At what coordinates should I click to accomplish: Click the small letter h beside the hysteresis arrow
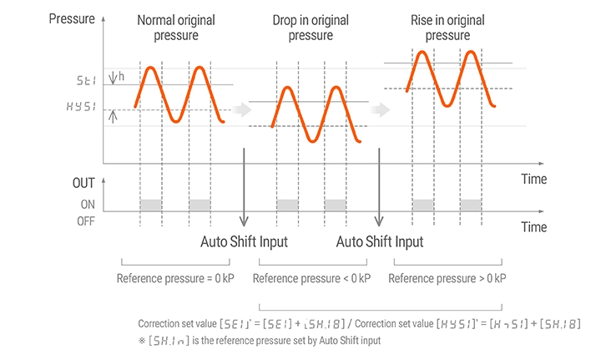click(122, 76)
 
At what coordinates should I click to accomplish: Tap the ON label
click(86, 204)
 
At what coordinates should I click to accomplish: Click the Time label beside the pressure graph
click(533, 179)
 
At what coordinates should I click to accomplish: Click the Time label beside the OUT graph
click(533, 226)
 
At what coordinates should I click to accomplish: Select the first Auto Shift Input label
click(244, 242)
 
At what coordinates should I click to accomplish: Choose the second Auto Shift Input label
click(379, 242)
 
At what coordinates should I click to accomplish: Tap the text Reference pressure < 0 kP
click(311, 278)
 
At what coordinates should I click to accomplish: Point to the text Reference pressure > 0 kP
click(447, 278)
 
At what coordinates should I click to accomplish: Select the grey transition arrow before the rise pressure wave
click(380, 109)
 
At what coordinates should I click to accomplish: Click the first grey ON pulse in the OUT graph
click(150, 204)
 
